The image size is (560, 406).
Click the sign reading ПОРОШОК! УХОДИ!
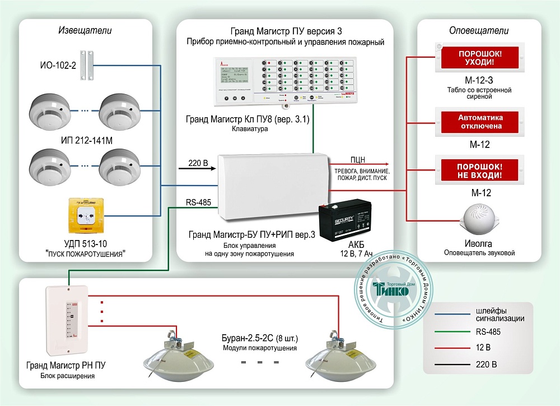coord(480,57)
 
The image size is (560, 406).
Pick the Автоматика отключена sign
coord(480,122)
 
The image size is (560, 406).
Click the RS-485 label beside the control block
coord(198,202)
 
